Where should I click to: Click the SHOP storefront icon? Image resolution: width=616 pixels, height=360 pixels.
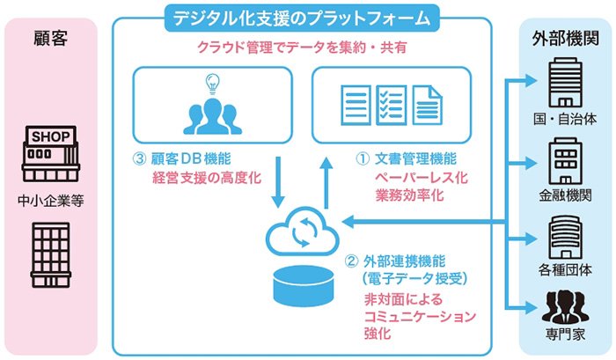51,154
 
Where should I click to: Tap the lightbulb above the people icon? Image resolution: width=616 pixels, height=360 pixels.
213,84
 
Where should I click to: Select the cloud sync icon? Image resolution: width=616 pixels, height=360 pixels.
303,231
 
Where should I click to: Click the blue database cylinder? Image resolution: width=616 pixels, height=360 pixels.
304,286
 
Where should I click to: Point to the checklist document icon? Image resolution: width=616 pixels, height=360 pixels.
392,106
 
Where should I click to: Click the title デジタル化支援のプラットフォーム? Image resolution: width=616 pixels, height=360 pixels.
302,18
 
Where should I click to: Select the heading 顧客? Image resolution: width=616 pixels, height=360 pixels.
51,39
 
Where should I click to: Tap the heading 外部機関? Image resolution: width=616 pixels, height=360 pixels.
566,39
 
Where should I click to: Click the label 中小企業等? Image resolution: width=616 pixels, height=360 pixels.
51,201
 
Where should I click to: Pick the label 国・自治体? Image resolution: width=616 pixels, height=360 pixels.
565,119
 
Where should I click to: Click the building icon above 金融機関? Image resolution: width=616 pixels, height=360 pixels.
565,161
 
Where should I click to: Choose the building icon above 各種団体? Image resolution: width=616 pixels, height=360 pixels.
565,237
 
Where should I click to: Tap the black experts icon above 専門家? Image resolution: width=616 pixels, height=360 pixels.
565,306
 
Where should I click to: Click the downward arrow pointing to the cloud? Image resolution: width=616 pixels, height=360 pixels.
278,182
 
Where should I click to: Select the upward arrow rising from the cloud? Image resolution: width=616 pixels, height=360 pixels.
326,183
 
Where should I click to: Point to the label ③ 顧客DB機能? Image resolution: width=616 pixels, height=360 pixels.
182,158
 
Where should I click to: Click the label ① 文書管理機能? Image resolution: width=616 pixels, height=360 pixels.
406,158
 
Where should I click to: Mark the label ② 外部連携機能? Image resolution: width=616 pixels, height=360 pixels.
395,261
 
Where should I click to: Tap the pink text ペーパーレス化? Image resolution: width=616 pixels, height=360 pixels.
422,178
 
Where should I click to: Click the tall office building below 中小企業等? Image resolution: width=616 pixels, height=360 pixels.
51,254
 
